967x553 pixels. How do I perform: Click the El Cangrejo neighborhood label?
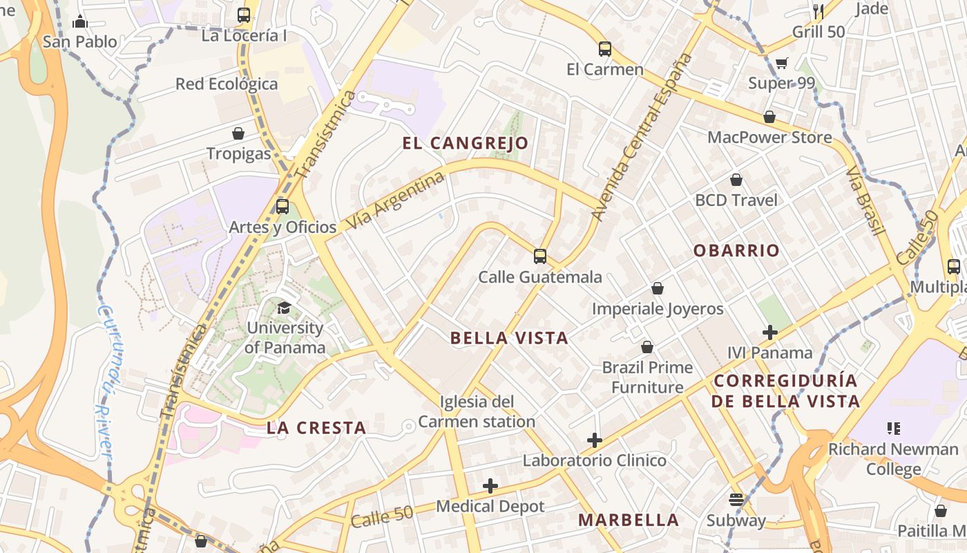point(466,143)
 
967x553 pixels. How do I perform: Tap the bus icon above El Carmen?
point(605,49)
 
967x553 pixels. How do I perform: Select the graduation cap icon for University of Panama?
point(284,307)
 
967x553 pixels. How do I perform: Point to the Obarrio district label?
point(736,250)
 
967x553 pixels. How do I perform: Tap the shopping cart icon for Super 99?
point(782,64)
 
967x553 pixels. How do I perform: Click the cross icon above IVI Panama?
point(770,332)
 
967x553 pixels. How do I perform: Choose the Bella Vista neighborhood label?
point(509,338)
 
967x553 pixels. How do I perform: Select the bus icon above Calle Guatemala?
point(540,256)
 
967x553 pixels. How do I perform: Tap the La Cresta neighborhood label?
point(316,428)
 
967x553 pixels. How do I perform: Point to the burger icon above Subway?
point(736,500)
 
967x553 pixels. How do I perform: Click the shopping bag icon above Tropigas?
point(238,133)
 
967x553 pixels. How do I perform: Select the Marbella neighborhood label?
point(629,520)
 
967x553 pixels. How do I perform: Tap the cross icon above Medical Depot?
point(490,487)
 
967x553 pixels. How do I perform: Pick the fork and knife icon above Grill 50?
point(818,11)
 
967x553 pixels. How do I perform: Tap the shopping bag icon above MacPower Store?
point(769,117)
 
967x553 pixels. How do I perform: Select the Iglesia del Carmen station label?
point(477,411)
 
